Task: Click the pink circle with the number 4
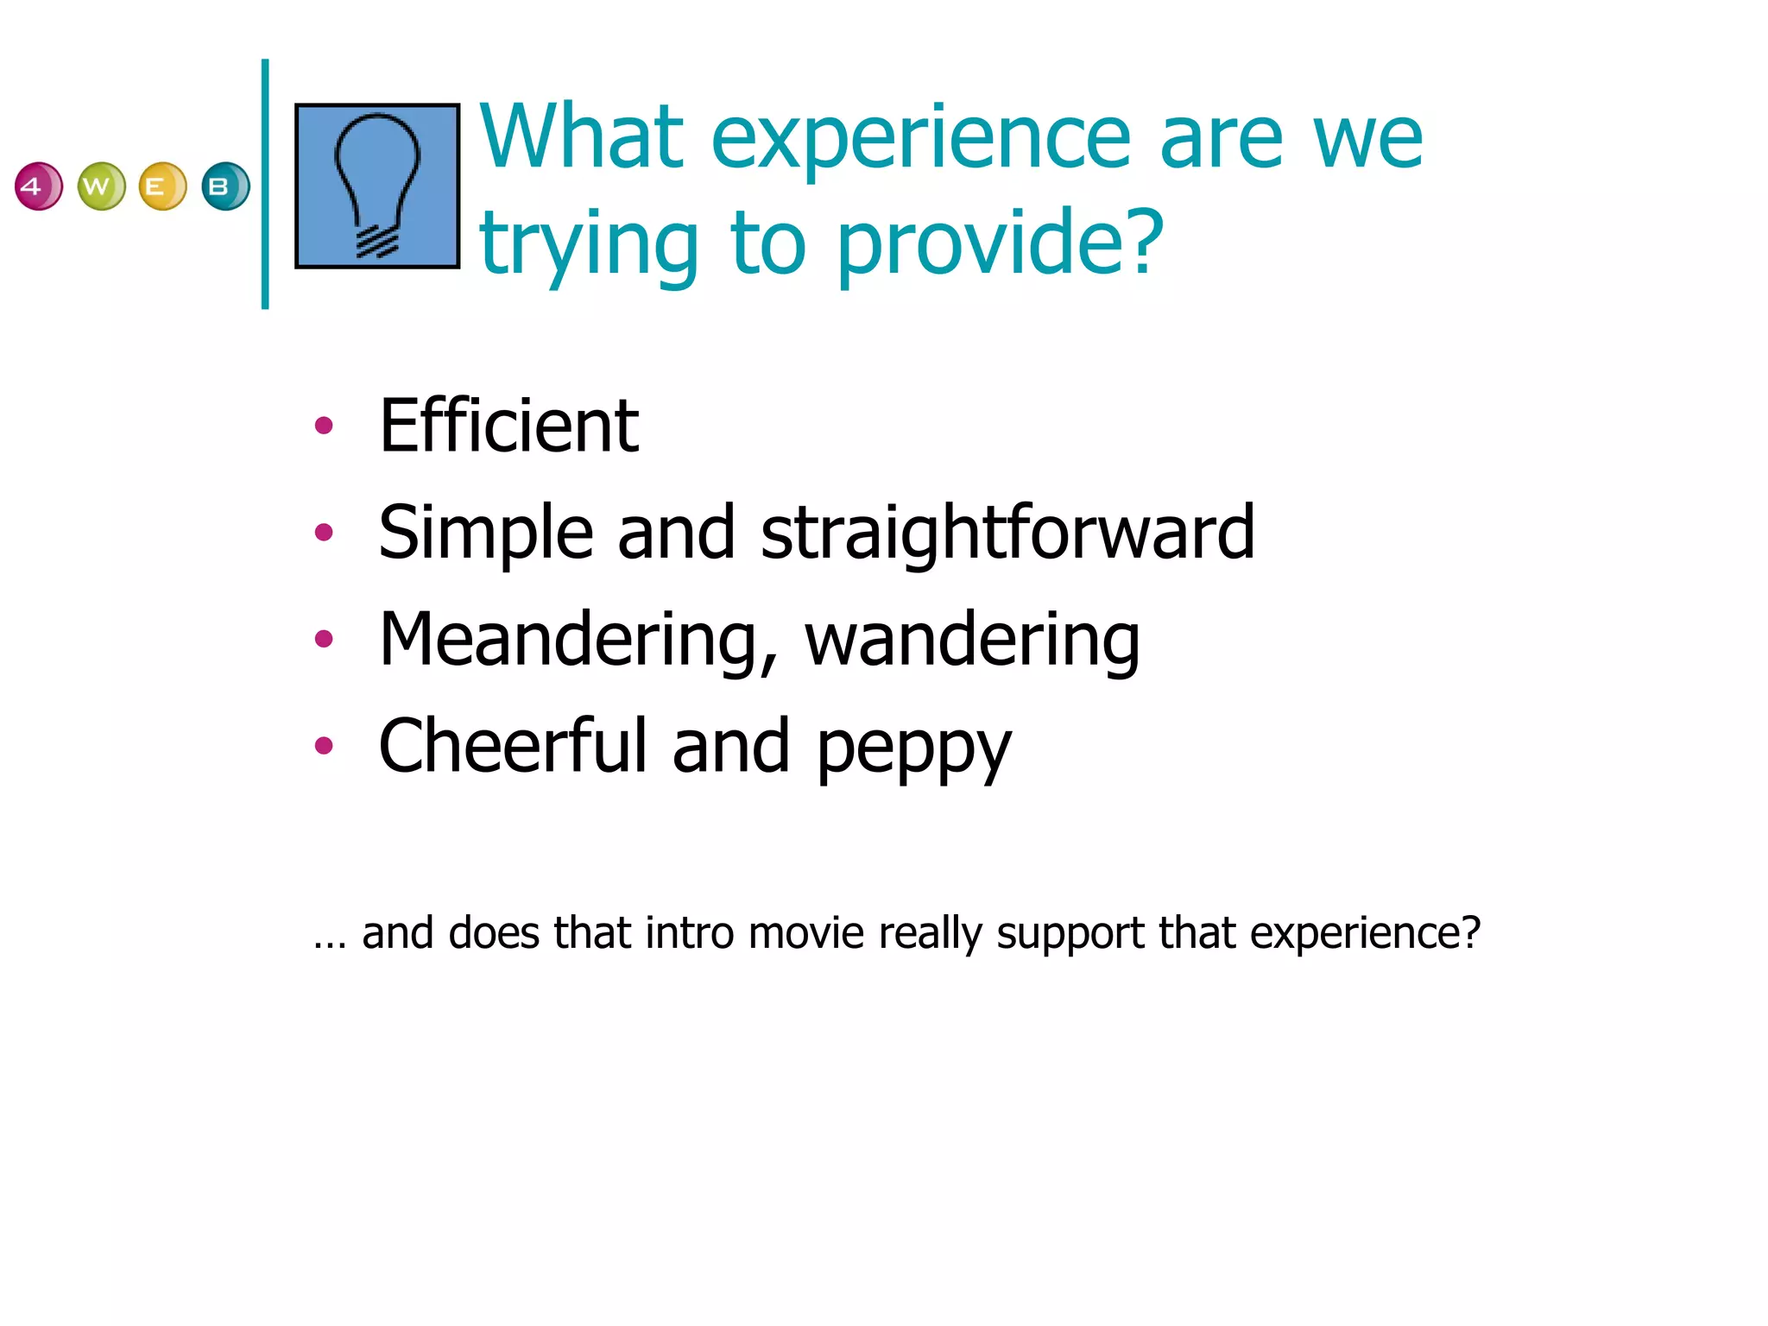(x=38, y=186)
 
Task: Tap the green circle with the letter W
(x=101, y=186)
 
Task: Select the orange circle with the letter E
(x=162, y=186)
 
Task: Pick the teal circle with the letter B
(x=225, y=186)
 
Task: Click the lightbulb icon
(x=377, y=186)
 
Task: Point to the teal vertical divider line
(x=265, y=184)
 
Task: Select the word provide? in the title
(x=1001, y=245)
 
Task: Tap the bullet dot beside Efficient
(x=324, y=425)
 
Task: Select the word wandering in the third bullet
(x=972, y=641)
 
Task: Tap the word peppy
(x=912, y=749)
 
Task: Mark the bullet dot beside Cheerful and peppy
(x=324, y=745)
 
